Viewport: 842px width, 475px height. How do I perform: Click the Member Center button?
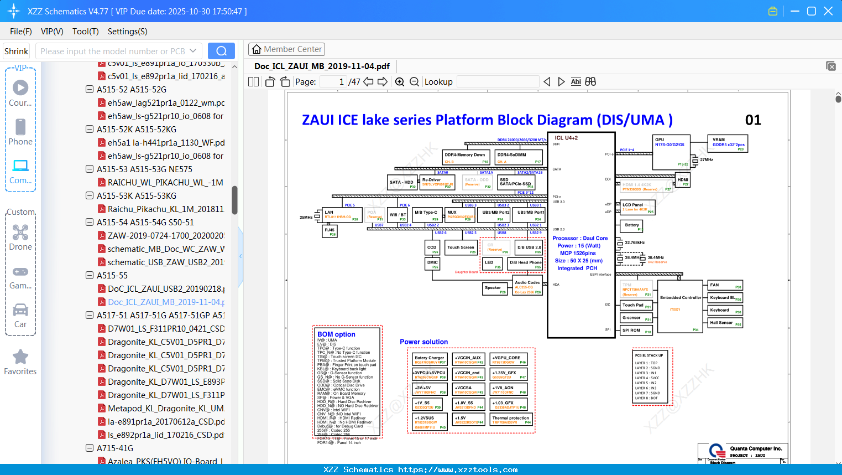coord(286,49)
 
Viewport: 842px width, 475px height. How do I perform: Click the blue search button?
coord(221,51)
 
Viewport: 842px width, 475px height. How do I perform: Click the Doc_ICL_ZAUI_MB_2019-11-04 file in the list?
coord(166,302)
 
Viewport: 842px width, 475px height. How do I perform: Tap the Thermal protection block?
coord(511,420)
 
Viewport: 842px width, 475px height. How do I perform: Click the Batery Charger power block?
coord(430,359)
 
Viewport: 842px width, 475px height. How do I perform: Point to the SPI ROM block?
coord(636,331)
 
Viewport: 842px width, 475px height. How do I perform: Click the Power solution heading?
coord(423,342)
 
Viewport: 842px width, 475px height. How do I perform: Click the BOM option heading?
coord(336,334)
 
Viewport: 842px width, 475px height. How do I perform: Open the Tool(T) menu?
coord(85,32)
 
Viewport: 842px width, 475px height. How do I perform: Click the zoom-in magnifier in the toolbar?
coord(400,82)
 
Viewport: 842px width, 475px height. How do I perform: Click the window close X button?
coord(828,11)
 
